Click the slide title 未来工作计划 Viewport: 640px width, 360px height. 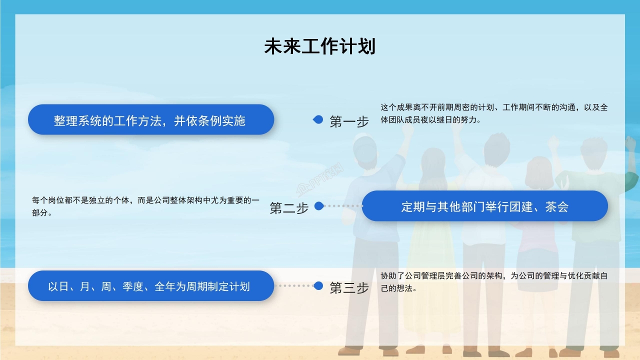click(319, 46)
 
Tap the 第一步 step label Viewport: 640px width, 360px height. click(349, 121)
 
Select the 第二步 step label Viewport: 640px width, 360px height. click(289, 208)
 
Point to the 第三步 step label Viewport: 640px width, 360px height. click(349, 287)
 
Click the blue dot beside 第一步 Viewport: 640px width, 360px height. click(318, 119)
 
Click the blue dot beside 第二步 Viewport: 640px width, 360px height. click(319, 206)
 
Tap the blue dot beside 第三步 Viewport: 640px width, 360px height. click(318, 285)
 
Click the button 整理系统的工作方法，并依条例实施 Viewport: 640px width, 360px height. click(150, 120)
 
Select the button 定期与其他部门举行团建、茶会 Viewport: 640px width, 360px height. click(484, 206)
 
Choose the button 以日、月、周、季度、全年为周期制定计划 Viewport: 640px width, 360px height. click(150, 286)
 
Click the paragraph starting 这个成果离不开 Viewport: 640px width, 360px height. click(494, 113)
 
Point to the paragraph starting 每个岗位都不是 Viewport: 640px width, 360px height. click(145, 206)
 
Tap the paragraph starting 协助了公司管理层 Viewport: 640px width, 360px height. click(494, 282)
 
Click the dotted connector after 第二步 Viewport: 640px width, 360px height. click(343, 206)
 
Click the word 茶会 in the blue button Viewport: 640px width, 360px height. click(556, 206)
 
